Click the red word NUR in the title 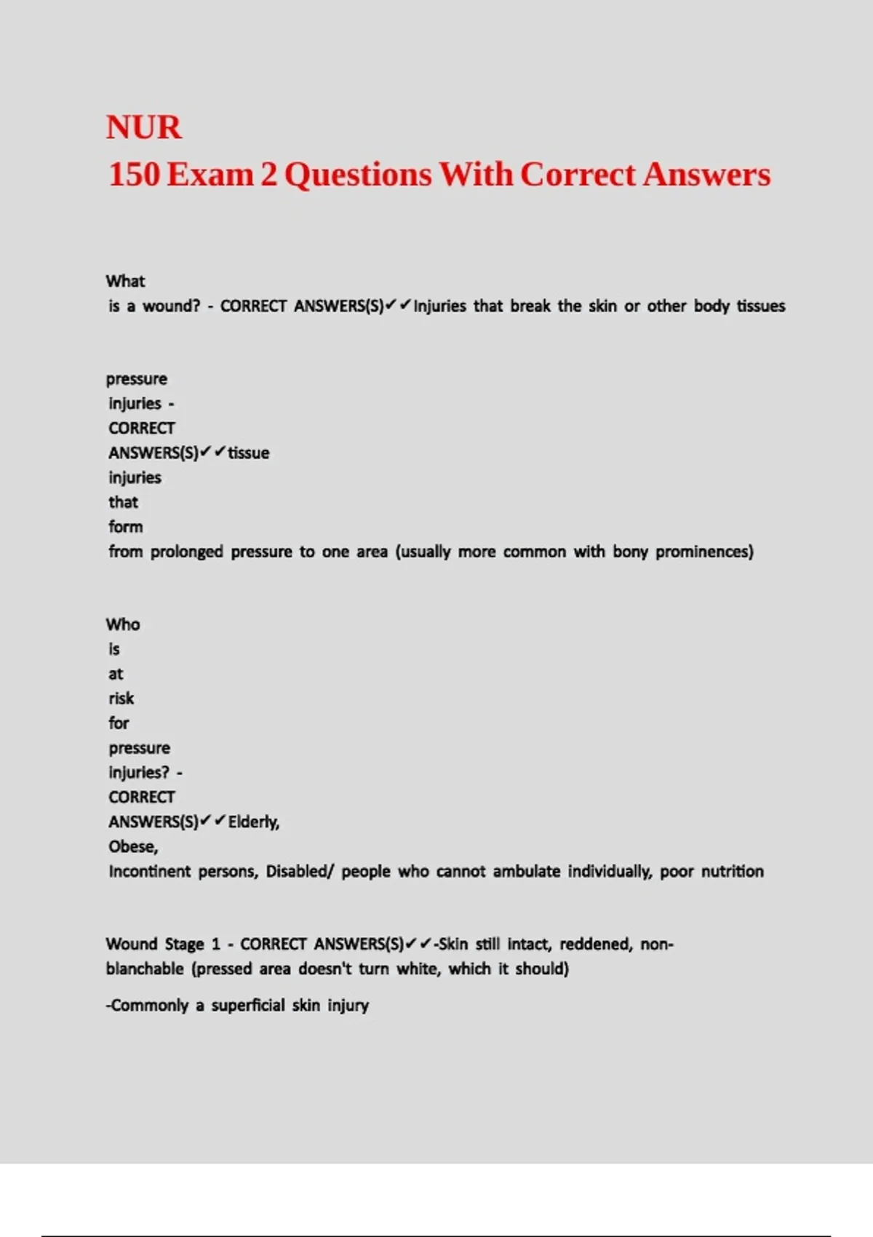coord(143,127)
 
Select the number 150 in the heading coord(133,175)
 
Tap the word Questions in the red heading coord(358,175)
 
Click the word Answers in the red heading coord(706,175)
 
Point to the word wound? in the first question coord(171,306)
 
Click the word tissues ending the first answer coord(761,306)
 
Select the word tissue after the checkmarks coord(249,453)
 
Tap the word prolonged coord(187,552)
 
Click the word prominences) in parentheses coord(704,552)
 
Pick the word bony coord(630,552)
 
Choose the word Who coord(123,624)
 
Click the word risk coord(121,699)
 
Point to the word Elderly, coord(254,822)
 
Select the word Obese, coord(133,847)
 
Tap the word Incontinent coord(149,872)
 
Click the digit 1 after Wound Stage coord(215,944)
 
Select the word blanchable coord(145,969)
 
